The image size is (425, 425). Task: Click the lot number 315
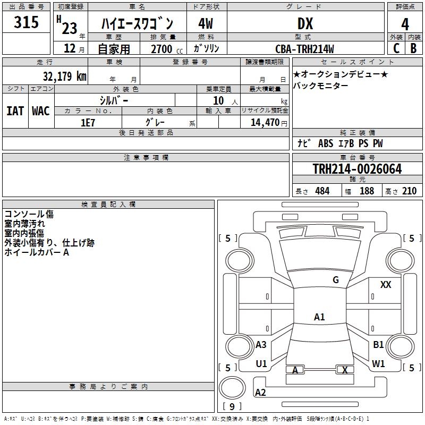coord(27,23)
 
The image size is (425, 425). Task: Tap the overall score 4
coord(405,24)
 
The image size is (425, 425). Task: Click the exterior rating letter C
coord(396,48)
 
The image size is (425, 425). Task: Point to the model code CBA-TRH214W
coord(305,49)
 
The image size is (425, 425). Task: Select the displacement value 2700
coord(162,49)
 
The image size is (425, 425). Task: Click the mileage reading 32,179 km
coord(64,76)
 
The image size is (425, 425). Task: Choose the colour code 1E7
coord(88,122)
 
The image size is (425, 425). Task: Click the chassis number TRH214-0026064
coord(357,169)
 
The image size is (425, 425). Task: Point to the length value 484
coord(322,191)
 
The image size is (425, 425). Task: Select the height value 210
coord(409,191)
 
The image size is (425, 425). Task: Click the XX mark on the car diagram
coord(386,285)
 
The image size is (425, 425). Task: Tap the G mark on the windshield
coord(335,279)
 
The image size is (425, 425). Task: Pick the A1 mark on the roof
coord(319,317)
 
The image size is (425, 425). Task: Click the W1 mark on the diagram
coord(378,363)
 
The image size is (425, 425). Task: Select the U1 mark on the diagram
coord(261,363)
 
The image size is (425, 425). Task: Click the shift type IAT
coord(15,110)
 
